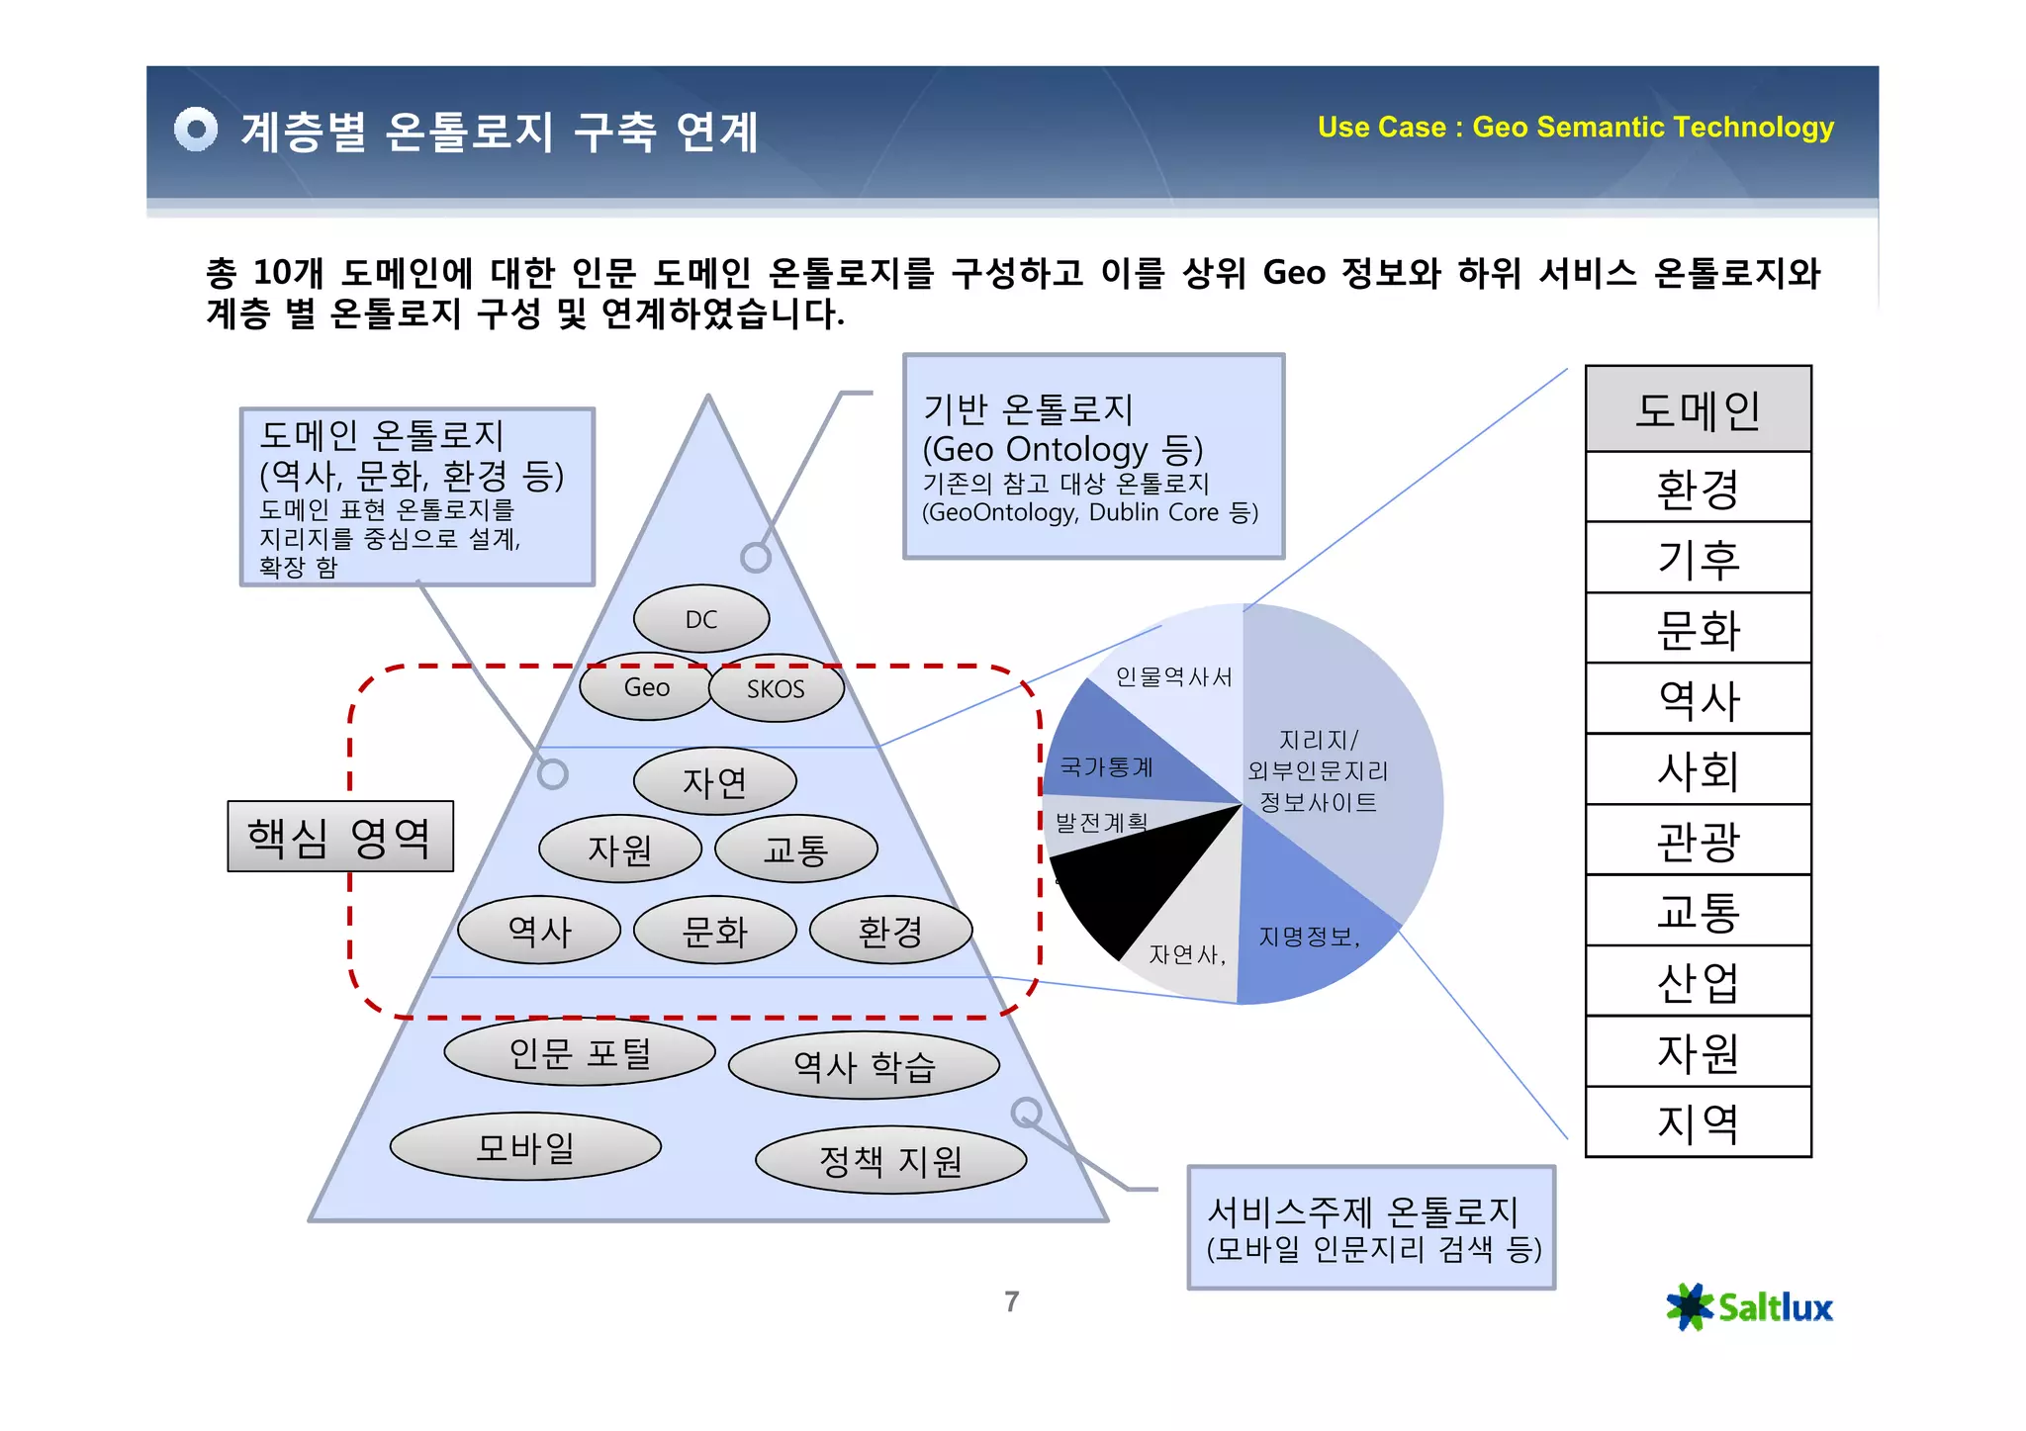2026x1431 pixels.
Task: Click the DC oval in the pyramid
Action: point(701,619)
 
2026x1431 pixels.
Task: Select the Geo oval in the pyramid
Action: point(646,687)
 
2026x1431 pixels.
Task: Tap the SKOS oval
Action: point(777,688)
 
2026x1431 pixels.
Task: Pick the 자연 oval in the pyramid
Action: point(714,782)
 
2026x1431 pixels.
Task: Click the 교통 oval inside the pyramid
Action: point(795,850)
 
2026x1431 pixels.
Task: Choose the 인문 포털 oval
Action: point(580,1052)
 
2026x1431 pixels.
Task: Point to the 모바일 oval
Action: point(525,1147)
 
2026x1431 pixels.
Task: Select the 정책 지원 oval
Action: point(890,1160)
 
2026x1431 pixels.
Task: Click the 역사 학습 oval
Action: point(864,1066)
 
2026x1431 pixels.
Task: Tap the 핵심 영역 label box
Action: point(340,837)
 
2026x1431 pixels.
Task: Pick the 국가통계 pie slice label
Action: point(1107,766)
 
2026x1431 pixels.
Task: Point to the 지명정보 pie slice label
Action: point(1309,937)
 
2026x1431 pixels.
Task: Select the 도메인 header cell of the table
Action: point(1698,409)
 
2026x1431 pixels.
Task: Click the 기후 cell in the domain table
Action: point(1698,559)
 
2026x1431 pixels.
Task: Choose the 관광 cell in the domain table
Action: point(1698,841)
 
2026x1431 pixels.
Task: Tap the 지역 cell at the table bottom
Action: point(1698,1122)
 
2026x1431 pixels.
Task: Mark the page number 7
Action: point(1011,1301)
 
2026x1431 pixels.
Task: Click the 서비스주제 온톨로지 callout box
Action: point(1371,1228)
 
